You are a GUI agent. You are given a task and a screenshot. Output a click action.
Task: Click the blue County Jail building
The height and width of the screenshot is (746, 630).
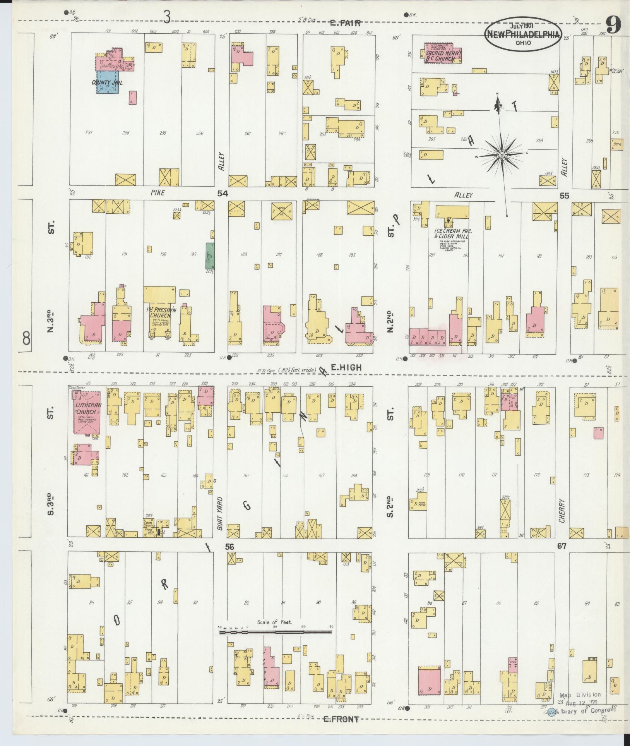108,82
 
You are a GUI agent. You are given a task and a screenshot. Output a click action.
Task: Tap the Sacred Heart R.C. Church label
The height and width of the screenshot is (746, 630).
443,56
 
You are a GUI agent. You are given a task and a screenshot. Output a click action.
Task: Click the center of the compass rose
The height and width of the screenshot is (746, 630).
502,155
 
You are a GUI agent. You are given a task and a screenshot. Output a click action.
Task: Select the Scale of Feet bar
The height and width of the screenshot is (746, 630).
275,632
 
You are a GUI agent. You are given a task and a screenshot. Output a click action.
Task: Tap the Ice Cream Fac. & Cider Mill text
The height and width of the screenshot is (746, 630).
451,233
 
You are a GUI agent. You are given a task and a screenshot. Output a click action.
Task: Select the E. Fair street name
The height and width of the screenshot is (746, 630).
345,23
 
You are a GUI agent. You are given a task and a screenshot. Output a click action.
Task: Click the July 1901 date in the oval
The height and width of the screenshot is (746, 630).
521,25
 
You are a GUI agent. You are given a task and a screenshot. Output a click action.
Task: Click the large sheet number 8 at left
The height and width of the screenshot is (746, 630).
26,340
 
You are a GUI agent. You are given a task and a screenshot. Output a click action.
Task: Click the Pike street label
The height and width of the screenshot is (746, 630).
157,193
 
